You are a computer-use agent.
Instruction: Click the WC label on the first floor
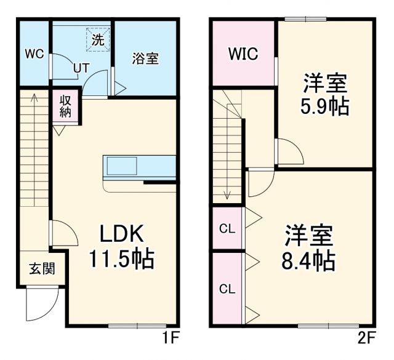click(34, 54)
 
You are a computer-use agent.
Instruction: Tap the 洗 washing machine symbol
click(98, 39)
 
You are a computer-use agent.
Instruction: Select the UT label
click(81, 68)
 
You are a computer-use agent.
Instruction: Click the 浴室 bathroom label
click(146, 58)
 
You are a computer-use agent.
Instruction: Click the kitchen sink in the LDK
click(122, 166)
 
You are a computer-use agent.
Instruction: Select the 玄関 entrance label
click(41, 268)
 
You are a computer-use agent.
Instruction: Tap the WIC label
click(243, 54)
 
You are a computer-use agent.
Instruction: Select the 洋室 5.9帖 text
click(324, 95)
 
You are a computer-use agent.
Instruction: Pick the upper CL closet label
click(227, 229)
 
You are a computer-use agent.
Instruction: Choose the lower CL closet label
click(227, 288)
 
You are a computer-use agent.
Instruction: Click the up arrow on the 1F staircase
click(34, 97)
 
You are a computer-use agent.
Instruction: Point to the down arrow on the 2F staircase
click(227, 193)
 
